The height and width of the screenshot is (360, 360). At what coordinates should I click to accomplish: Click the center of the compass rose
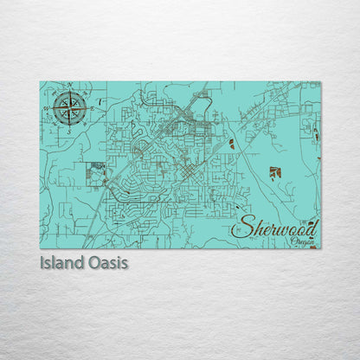(69, 108)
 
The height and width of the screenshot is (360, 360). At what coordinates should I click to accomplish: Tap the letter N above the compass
(69, 86)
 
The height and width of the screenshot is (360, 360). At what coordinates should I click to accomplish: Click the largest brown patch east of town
(275, 172)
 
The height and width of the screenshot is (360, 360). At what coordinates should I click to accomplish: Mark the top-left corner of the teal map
(40, 82)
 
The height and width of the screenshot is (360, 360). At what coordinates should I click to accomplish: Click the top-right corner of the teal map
(321, 82)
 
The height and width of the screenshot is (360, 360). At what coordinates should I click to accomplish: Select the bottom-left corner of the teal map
(40, 249)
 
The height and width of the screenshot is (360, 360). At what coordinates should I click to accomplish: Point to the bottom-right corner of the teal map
(321, 249)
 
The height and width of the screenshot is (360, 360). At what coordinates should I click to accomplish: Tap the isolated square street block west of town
(96, 175)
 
